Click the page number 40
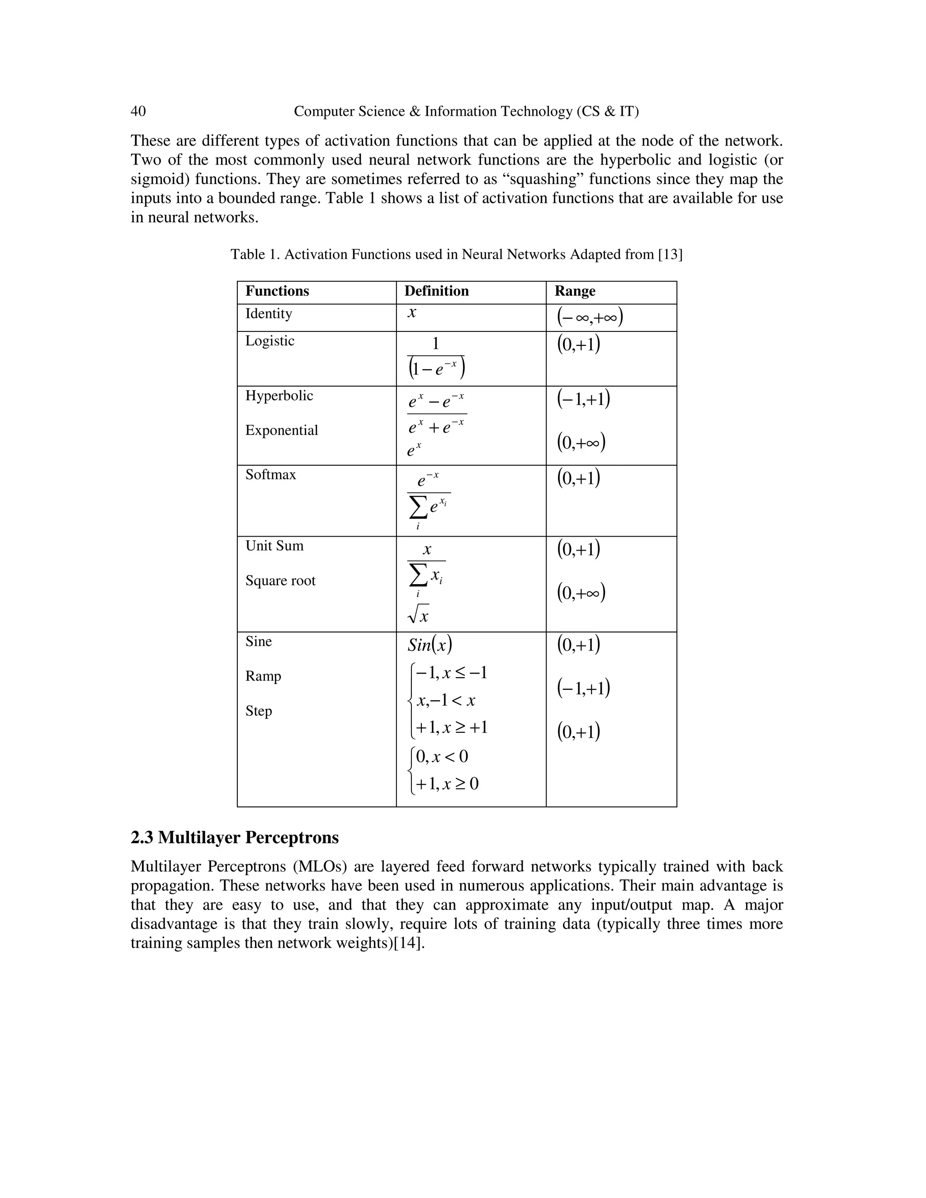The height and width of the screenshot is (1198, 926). tap(138, 111)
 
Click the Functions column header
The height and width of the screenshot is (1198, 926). tap(277, 291)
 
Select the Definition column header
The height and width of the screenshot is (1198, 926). tap(436, 291)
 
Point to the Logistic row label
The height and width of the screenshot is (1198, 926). tap(269, 341)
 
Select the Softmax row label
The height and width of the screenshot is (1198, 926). tap(270, 475)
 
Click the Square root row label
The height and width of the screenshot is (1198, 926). tap(280, 581)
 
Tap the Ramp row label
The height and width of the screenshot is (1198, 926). tap(263, 676)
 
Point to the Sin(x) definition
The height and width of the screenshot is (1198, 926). tap(430, 645)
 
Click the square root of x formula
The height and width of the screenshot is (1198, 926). tap(419, 615)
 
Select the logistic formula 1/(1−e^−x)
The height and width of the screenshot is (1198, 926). tap(436, 358)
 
